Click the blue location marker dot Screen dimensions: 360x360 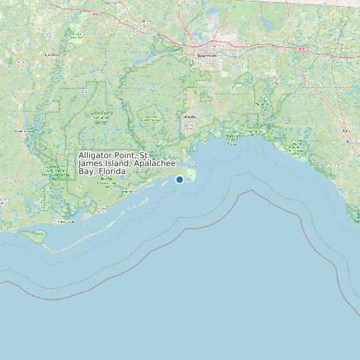(x=179, y=179)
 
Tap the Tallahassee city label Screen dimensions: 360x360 (x=207, y=56)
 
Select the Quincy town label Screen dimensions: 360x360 (x=145, y=21)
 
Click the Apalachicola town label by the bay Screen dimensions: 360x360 (x=65, y=221)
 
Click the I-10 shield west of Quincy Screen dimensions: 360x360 (x=98, y=13)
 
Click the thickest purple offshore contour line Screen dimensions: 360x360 (x=252, y=192)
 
